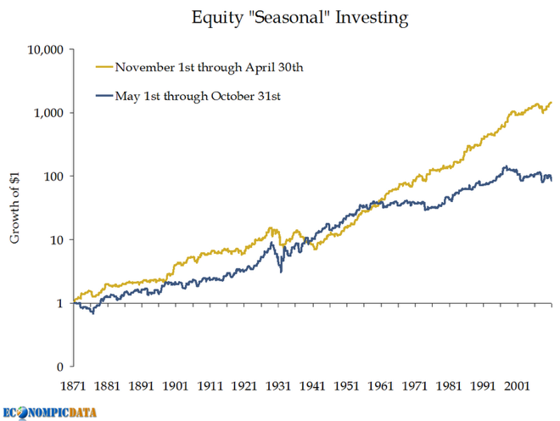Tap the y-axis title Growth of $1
coord(14,207)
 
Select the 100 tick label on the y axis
coord(54,177)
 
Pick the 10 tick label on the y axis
coord(58,240)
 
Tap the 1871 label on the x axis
coord(74,386)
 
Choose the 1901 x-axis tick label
coord(177,386)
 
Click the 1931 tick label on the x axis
coord(281,386)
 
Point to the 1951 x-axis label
coord(350,386)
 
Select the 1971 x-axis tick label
coord(418,386)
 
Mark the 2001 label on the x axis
coord(522,386)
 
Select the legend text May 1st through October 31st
coord(198,96)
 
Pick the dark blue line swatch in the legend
coord(104,96)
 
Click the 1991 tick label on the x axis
coord(487,386)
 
